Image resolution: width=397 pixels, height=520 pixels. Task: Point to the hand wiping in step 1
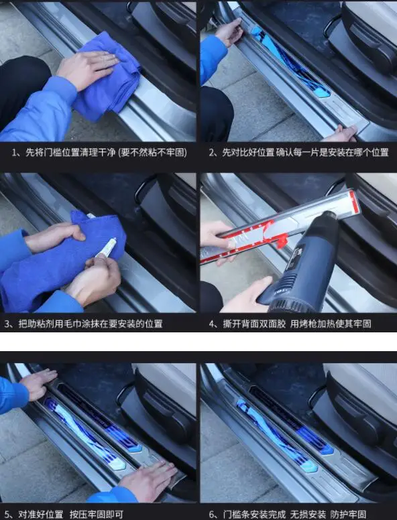(87, 67)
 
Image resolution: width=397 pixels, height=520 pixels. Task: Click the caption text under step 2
(298, 153)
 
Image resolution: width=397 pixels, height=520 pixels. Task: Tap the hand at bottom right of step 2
(342, 133)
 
